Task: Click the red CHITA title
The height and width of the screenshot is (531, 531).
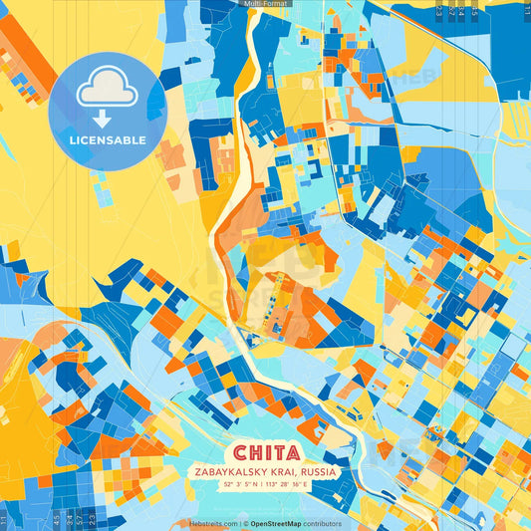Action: coord(265,451)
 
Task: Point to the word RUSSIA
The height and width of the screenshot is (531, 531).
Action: coord(317,472)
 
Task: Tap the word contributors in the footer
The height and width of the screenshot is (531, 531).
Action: coord(323,523)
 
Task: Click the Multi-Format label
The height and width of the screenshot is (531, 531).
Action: coord(265,4)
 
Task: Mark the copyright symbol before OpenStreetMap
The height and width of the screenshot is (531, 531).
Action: coord(245,523)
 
